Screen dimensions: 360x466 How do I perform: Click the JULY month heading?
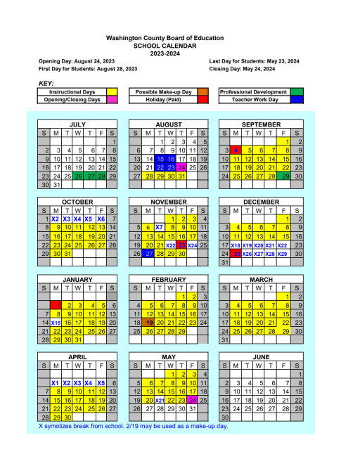tap(77, 124)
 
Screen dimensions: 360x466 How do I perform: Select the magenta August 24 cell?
tap(182, 167)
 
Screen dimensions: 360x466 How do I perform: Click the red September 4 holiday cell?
tap(238, 150)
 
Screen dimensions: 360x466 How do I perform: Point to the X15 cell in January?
tap(56, 323)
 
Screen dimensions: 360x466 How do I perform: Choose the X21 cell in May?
tap(160, 400)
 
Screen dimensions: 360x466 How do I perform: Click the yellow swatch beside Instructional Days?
tap(112, 92)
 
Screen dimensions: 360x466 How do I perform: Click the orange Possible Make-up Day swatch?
tap(202, 92)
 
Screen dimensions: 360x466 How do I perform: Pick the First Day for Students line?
tap(88, 69)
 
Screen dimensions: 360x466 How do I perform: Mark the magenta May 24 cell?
tap(193, 400)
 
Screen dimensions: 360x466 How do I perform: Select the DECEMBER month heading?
tap(261, 202)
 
